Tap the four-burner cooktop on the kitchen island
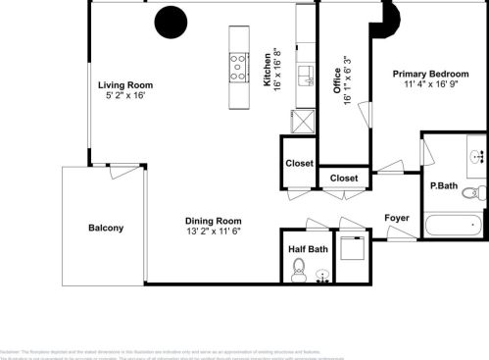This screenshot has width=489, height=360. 238,67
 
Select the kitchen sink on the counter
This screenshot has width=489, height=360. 305,77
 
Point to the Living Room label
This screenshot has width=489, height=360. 123,85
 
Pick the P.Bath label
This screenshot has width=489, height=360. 444,185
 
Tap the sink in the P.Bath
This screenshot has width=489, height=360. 477,155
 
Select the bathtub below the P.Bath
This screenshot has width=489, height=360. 453,225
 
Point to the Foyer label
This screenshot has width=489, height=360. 396,218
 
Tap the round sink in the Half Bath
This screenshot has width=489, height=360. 322,276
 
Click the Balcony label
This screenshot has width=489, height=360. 106,228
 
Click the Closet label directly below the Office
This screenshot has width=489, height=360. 344,178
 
